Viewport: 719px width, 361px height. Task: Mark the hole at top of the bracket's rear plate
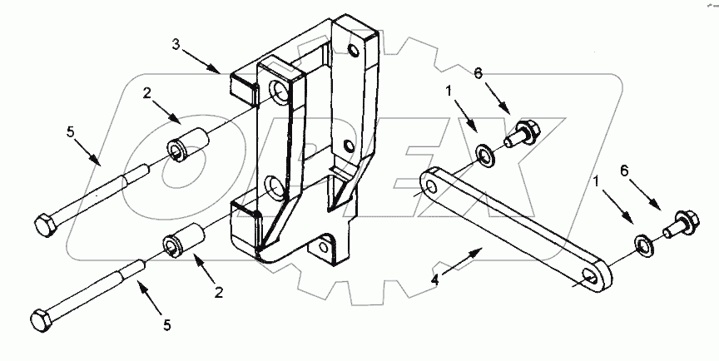click(x=354, y=53)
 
